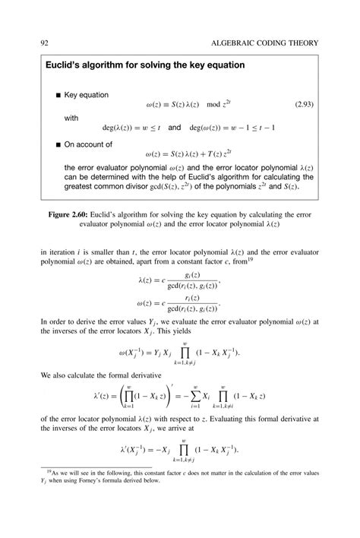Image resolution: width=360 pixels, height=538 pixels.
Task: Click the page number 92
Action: (34, 43)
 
